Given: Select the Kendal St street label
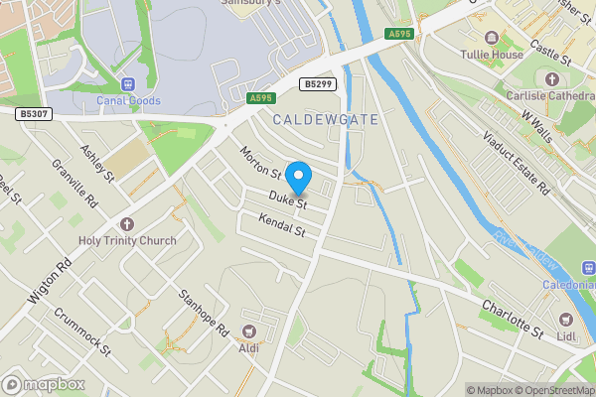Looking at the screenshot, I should [280, 225].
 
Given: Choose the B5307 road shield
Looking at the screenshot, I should [33, 115].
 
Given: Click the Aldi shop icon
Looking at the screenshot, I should [247, 331].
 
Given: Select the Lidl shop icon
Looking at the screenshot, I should [565, 320].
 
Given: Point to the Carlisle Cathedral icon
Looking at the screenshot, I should [553, 78].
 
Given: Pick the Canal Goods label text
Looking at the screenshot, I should [128, 101].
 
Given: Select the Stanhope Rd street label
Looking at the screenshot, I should [205, 308].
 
